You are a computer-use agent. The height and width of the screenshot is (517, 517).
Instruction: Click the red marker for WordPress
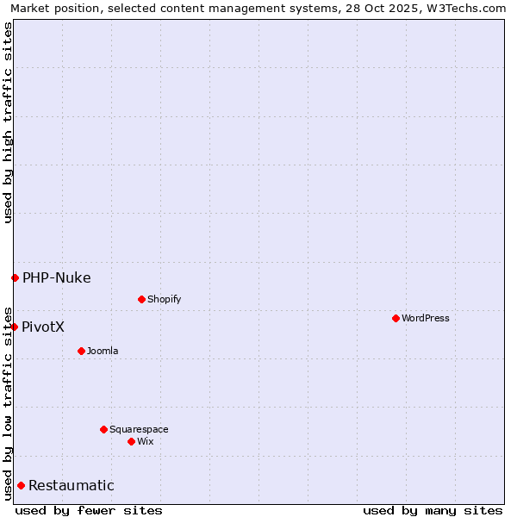pos(396,318)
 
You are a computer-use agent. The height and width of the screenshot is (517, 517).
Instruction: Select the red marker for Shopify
pos(141,299)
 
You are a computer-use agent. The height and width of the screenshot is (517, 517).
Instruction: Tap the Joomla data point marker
pos(81,351)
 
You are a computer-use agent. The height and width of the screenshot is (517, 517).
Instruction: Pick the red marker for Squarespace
pos(103,429)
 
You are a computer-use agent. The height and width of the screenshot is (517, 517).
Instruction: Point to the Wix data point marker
pos(131,441)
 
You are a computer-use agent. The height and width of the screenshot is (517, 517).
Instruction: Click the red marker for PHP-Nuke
pos(15,277)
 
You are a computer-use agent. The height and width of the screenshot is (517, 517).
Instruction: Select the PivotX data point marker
pos(15,327)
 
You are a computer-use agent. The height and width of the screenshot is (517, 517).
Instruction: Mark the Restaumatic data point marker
pos(21,485)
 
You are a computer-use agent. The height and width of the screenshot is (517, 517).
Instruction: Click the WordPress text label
pos(426,318)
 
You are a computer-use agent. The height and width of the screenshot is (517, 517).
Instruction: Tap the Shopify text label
pos(165,299)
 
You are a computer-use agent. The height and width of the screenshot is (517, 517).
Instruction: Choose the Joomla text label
pos(103,351)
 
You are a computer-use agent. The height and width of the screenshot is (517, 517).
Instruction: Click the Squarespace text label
pos(139,429)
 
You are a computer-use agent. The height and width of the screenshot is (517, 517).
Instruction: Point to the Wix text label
pos(145,441)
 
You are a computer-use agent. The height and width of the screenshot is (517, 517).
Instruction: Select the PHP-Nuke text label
pos(57,277)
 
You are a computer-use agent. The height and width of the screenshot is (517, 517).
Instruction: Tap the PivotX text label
pos(43,327)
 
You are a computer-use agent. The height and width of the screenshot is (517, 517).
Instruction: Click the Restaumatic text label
pos(72,485)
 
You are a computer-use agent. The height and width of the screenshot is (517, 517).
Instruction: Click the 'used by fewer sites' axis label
pos(89,510)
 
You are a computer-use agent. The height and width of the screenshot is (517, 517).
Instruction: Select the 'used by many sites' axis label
pos(433,510)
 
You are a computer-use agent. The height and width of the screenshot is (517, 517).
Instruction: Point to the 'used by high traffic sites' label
pos(8,122)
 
